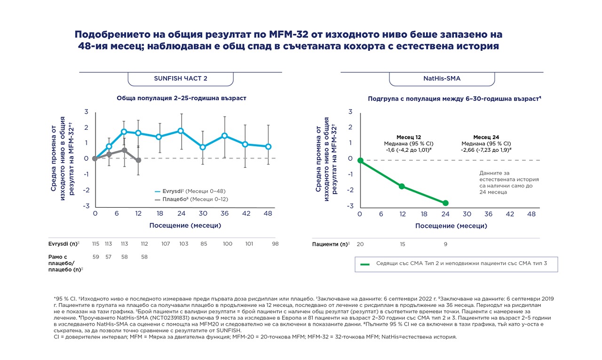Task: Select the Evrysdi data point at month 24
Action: pyautogui.click(x=181, y=131)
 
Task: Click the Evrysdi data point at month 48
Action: pyautogui.click(x=268, y=147)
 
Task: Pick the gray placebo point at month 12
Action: pyautogui.click(x=138, y=160)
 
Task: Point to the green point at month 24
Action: pyautogui.click(x=445, y=203)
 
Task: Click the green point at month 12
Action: pyautogui.click(x=402, y=186)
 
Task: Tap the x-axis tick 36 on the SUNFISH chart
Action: pyautogui.click(x=224, y=213)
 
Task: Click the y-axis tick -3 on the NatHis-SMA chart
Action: pyautogui.click(x=350, y=206)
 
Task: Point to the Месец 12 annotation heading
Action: pyautogui.click(x=409, y=137)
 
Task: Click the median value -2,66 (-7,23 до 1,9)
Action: pyautogui.click(x=486, y=150)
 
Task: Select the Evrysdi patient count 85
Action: pyautogui.click(x=204, y=244)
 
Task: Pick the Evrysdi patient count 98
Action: pyautogui.click(x=275, y=244)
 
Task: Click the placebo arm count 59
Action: pyautogui.click(x=95, y=257)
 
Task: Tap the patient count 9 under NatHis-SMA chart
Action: pyautogui.click(x=445, y=244)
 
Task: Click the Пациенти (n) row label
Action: pyautogui.click(x=331, y=244)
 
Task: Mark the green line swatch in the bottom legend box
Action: pyautogui.click(x=365, y=264)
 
